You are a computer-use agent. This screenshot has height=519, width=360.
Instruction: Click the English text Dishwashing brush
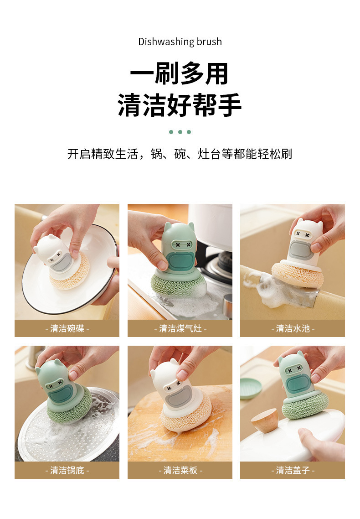pos(180,42)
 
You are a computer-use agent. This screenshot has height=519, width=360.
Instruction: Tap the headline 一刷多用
pos(180,73)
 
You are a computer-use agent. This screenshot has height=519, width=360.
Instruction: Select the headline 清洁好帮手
pos(180,105)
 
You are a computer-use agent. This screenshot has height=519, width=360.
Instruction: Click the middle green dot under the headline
pos(180,132)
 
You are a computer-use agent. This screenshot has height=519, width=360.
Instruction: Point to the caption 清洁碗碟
pos(67,328)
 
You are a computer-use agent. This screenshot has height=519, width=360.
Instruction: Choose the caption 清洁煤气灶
pos(180,328)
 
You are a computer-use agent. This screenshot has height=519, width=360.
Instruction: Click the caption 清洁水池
pos(293,328)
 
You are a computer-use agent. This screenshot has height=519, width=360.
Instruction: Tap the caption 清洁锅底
pos(67,470)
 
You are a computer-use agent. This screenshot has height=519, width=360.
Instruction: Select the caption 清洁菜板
pos(180,470)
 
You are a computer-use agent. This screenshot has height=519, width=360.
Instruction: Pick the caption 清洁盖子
pos(293,470)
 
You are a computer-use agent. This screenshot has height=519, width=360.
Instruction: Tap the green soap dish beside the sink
pos(251,389)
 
